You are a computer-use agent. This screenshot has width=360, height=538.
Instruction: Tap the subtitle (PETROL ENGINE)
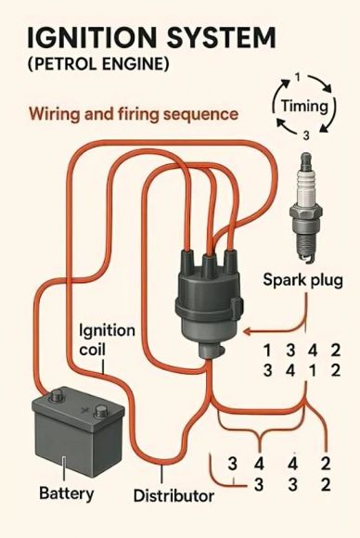[x=98, y=64]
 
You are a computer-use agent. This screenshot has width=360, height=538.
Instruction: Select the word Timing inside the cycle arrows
[x=304, y=106]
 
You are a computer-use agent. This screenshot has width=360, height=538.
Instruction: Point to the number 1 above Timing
[x=297, y=78]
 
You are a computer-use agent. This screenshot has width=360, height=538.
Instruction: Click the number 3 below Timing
[x=306, y=135]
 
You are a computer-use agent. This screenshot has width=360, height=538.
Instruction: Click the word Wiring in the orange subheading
[x=55, y=114]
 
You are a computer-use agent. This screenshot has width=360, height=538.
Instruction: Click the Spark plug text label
[x=303, y=281]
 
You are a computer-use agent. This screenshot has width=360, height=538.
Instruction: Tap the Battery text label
[x=66, y=493]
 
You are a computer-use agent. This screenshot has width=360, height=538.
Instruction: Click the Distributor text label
[x=174, y=496]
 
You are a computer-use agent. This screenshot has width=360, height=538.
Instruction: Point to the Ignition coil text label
[x=107, y=340]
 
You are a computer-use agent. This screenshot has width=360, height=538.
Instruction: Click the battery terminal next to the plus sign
[x=101, y=410]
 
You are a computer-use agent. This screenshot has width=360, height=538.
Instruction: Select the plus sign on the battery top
[x=84, y=409]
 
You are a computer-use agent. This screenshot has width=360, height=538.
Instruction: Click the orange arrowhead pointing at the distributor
[x=247, y=332]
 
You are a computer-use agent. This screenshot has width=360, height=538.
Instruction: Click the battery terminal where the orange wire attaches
[x=57, y=396]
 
